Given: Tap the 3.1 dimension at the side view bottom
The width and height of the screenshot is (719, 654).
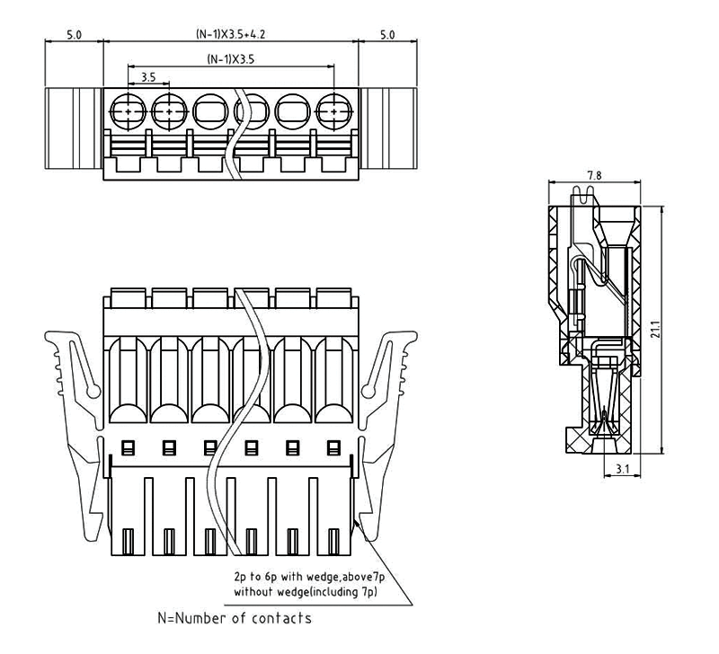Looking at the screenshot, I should [622, 468].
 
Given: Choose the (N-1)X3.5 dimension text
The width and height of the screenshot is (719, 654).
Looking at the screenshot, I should [231, 60].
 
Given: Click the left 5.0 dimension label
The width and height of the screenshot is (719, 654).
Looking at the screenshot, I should [75, 36].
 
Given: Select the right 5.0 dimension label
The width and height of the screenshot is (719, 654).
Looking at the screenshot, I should [387, 36].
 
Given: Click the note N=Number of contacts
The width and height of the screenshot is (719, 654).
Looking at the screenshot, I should [235, 618].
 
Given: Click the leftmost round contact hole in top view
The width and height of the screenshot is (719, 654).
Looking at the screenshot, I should [129, 110].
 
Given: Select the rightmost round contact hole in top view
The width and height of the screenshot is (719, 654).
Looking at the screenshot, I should [334, 110].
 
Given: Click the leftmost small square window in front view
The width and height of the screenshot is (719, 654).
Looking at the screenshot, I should [127, 446].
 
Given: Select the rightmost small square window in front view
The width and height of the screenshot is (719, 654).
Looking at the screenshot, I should [334, 446].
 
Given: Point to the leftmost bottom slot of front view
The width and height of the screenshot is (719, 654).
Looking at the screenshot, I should [127, 543].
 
